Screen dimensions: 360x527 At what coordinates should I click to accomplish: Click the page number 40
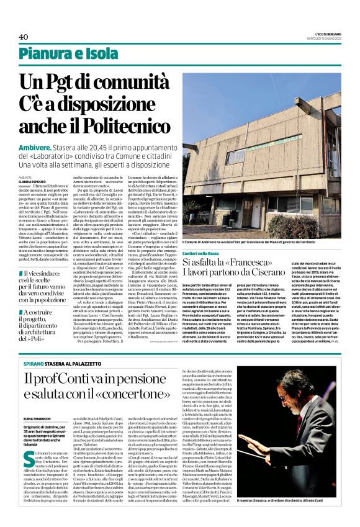24,37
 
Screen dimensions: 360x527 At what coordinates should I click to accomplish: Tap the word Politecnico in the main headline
137,125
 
